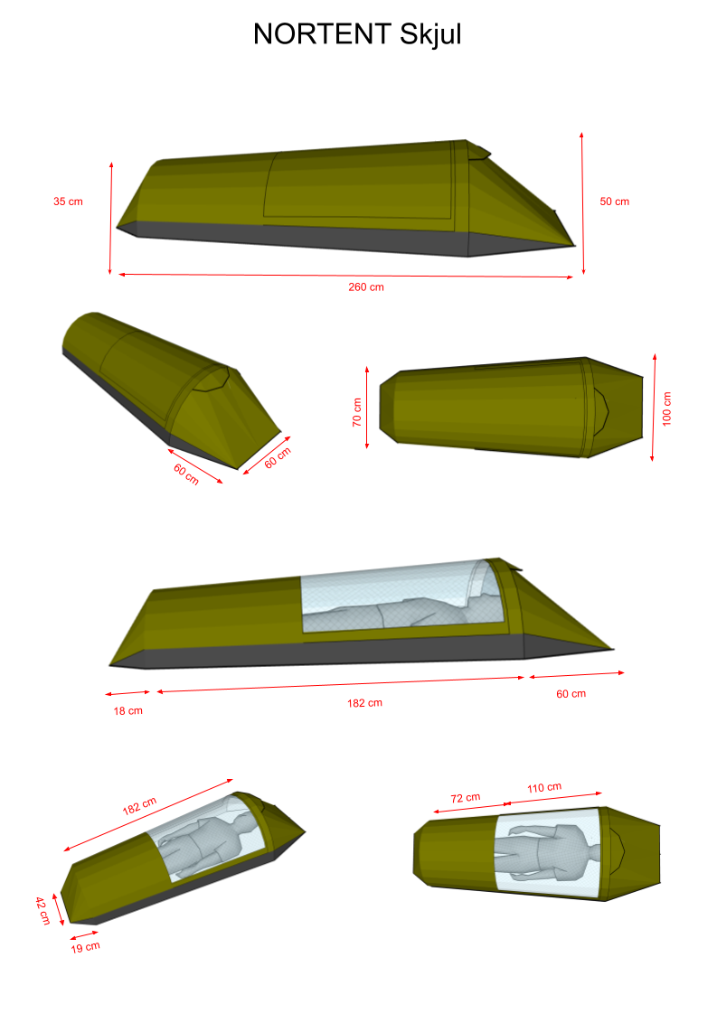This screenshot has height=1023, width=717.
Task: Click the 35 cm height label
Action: click(68, 202)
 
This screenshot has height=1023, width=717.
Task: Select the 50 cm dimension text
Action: click(614, 202)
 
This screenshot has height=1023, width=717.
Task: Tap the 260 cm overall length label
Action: click(366, 287)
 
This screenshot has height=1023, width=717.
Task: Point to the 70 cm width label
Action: click(357, 413)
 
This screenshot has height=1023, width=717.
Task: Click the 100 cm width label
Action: click(667, 409)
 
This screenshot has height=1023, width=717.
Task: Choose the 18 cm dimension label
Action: click(127, 711)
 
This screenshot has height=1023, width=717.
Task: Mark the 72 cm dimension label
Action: click(465, 799)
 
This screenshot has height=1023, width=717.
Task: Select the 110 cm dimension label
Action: click(543, 788)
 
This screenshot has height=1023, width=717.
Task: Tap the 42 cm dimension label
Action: click(42, 910)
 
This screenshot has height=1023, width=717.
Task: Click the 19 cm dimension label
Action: click(85, 947)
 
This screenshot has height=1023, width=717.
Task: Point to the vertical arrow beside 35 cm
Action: click(110, 218)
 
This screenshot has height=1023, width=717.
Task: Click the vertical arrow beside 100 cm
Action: click(653, 407)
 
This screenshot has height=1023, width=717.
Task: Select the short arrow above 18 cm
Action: click(127, 693)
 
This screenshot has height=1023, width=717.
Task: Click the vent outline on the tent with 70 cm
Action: click(600, 410)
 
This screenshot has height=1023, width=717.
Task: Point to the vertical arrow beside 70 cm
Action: click(367, 407)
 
